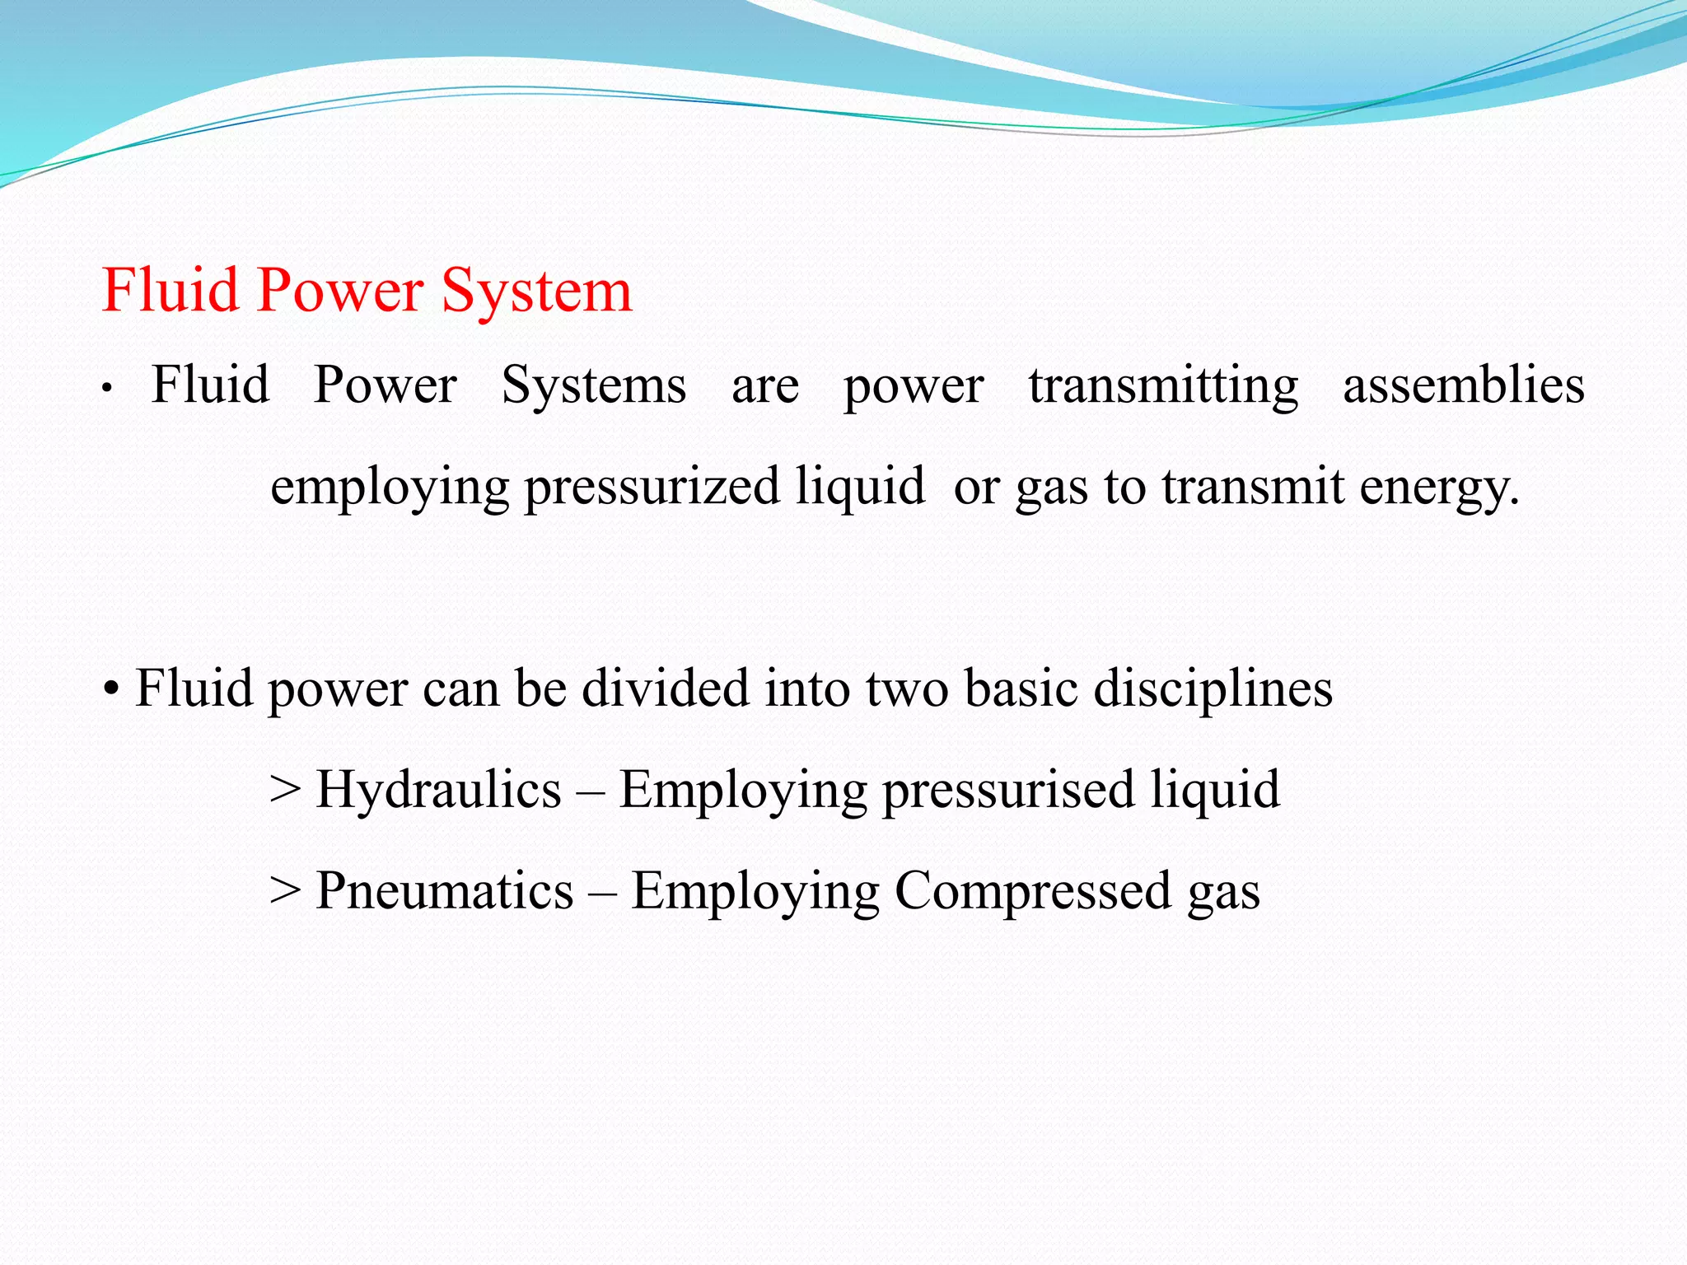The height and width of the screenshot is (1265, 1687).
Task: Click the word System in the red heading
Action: (536, 292)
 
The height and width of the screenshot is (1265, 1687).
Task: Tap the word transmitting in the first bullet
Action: (1163, 385)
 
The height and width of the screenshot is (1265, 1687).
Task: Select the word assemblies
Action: (1464, 385)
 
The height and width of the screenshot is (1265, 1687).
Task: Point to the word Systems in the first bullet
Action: (593, 385)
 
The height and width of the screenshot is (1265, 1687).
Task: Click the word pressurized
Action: (652, 487)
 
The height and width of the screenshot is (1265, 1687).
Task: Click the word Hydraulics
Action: (438, 790)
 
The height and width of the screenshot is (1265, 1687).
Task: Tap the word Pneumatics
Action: (445, 891)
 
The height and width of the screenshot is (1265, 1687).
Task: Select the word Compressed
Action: (1033, 891)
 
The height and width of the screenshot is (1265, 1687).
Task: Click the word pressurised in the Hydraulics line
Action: (1008, 790)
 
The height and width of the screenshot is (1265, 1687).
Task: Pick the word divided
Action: (666, 689)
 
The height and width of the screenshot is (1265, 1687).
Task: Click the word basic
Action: (1021, 689)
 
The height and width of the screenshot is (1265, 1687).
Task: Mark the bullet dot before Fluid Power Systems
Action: (107, 388)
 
